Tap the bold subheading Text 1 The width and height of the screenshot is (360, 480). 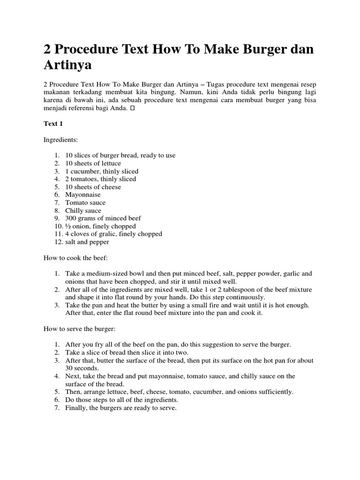53,124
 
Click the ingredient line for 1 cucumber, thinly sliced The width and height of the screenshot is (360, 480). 102,171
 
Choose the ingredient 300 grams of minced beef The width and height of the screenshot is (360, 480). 103,218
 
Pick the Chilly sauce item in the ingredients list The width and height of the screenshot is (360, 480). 83,210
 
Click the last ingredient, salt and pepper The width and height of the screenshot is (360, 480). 87,242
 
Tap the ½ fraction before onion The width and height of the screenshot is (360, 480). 68,226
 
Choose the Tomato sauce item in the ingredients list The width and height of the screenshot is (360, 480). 85,202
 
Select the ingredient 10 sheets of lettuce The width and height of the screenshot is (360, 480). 93,163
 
